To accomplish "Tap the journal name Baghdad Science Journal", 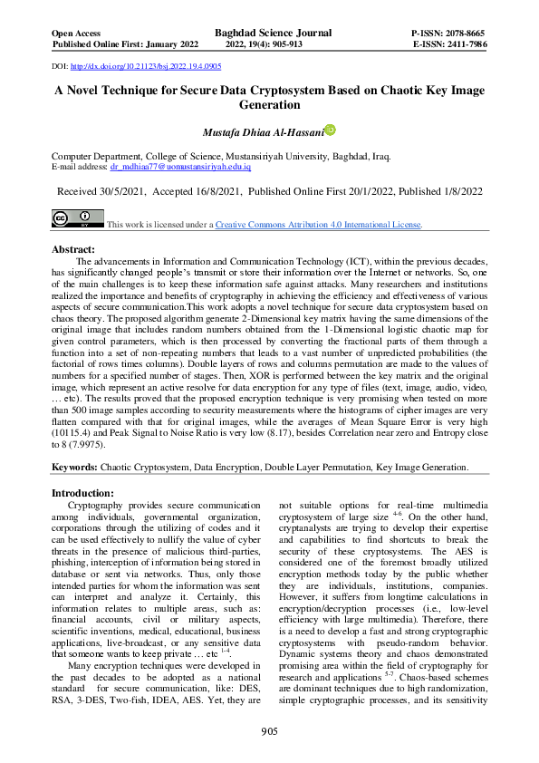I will click(273, 33).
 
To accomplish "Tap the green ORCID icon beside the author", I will click(330, 130).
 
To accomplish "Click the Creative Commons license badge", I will click(76, 218).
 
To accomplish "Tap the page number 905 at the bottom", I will click(269, 731).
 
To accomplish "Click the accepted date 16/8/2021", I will click(216, 192).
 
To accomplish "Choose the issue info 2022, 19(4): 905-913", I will click(273, 43).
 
